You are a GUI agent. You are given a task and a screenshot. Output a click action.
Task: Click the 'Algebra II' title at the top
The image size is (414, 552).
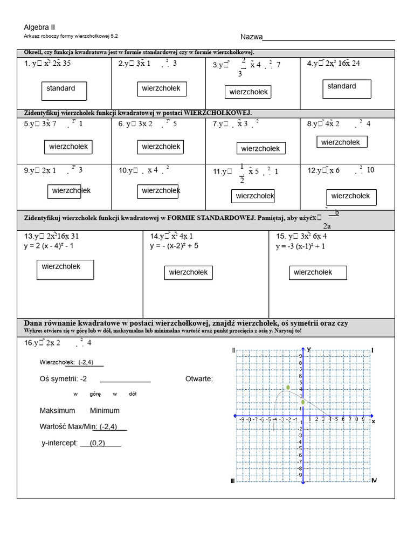click(39, 27)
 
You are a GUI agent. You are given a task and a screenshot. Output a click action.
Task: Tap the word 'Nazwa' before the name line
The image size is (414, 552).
click(251, 37)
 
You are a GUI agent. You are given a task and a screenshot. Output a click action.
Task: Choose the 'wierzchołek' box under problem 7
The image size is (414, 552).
click(261, 148)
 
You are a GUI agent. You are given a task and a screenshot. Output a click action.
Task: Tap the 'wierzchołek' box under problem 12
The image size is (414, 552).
click(351, 197)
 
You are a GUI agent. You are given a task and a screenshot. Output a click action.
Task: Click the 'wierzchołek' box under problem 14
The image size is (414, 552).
click(188, 273)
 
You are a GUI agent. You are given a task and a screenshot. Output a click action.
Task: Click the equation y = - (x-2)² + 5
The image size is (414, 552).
click(174, 246)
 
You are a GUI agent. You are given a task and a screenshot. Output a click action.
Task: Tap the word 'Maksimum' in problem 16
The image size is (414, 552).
click(57, 411)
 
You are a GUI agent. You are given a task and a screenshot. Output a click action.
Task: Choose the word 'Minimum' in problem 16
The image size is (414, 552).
click(105, 411)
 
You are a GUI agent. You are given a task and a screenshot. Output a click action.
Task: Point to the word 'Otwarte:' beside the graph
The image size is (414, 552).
click(199, 379)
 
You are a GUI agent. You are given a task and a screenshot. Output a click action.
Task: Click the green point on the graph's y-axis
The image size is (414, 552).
click(303, 402)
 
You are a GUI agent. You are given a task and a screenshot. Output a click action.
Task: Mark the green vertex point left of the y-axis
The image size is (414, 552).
click(288, 388)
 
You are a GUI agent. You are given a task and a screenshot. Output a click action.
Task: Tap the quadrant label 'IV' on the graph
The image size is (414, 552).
click(374, 480)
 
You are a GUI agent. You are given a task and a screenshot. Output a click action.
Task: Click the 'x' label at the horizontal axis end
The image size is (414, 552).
click(373, 422)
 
